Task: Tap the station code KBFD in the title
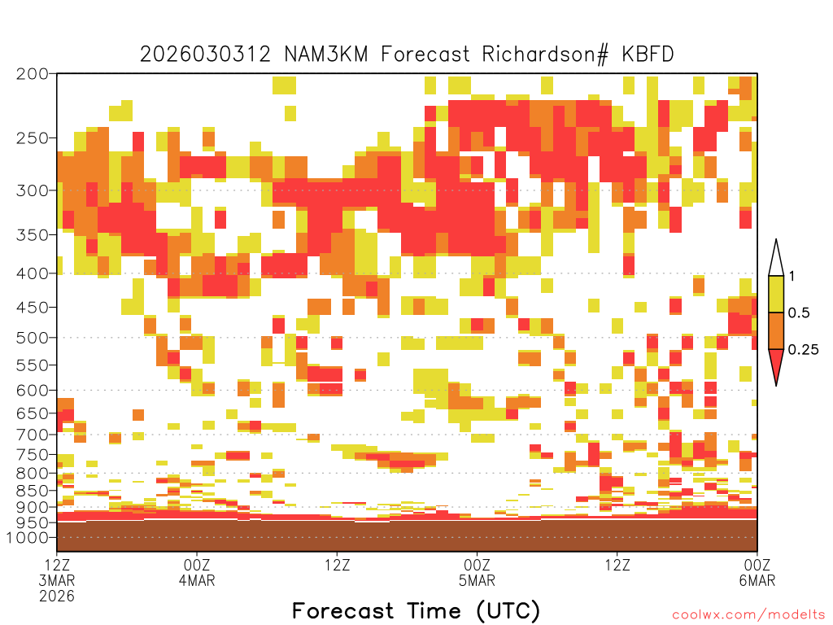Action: (x=648, y=55)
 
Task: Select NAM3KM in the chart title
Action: (x=326, y=55)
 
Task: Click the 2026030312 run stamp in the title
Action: (x=205, y=55)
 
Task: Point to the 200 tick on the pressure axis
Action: (x=32, y=74)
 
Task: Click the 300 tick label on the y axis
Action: (x=32, y=190)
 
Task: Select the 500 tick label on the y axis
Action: (x=32, y=338)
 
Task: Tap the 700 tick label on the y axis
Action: (x=32, y=435)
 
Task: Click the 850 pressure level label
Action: (x=32, y=491)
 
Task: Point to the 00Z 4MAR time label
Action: (x=197, y=572)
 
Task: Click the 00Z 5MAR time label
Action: (x=477, y=572)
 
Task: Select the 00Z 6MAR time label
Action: (x=757, y=572)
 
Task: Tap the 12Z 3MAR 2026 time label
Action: (x=57, y=580)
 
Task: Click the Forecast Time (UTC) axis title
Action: (x=416, y=611)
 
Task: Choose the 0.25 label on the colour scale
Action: (x=803, y=350)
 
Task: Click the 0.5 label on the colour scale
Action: (x=799, y=313)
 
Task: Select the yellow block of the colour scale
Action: (x=776, y=294)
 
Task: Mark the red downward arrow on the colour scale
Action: (x=776, y=365)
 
